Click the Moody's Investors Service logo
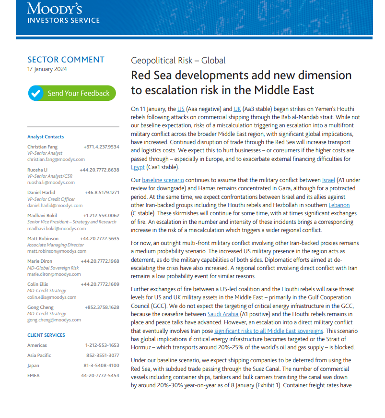(x=63, y=12)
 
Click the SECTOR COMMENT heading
(x=66, y=60)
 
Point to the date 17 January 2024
(x=47, y=69)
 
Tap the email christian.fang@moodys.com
(x=56, y=159)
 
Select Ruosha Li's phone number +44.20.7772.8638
(x=100, y=170)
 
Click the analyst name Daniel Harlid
(x=41, y=193)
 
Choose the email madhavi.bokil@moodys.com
(x=57, y=228)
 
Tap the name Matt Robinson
(x=43, y=238)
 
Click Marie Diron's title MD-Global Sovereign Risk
(x=53, y=268)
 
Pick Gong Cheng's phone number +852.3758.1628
(x=100, y=307)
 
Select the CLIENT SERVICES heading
(x=46, y=335)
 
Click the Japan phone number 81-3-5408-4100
(x=102, y=365)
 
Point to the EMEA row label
(x=34, y=375)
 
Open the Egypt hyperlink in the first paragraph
(x=138, y=167)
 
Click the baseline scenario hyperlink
(x=163, y=180)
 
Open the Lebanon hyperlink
(x=339, y=205)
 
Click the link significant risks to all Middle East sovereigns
(x=268, y=331)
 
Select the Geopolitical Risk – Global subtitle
(x=178, y=61)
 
